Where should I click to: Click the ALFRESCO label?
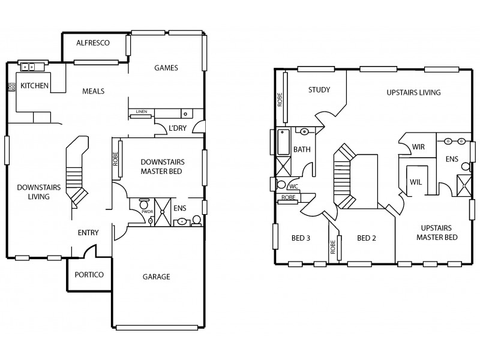92,43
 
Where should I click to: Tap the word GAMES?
166,68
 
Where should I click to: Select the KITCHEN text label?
34,86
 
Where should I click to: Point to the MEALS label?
94,91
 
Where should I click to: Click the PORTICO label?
89,275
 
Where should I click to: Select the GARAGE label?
156,277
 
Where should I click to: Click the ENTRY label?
88,232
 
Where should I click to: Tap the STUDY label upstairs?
319,90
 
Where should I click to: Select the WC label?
294,186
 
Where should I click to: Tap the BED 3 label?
300,238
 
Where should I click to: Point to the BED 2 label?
366,238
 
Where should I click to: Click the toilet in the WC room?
281,185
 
